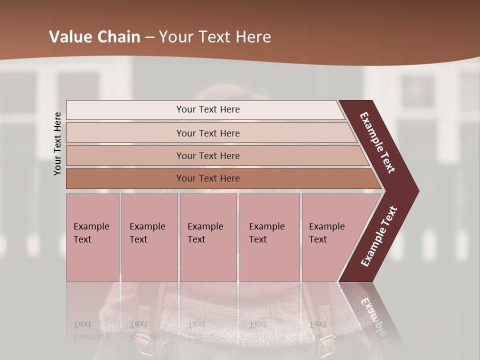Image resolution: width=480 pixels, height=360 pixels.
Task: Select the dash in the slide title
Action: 149,37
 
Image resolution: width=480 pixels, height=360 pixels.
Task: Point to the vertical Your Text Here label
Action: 57,143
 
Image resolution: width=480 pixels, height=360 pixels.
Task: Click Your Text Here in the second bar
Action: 208,133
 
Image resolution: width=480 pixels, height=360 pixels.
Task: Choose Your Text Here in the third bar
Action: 208,156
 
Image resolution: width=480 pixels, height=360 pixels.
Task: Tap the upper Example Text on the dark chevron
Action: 377,142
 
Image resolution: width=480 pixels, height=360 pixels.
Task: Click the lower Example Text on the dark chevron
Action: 379,236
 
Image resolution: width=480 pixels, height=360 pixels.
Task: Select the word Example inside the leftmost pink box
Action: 91,226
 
